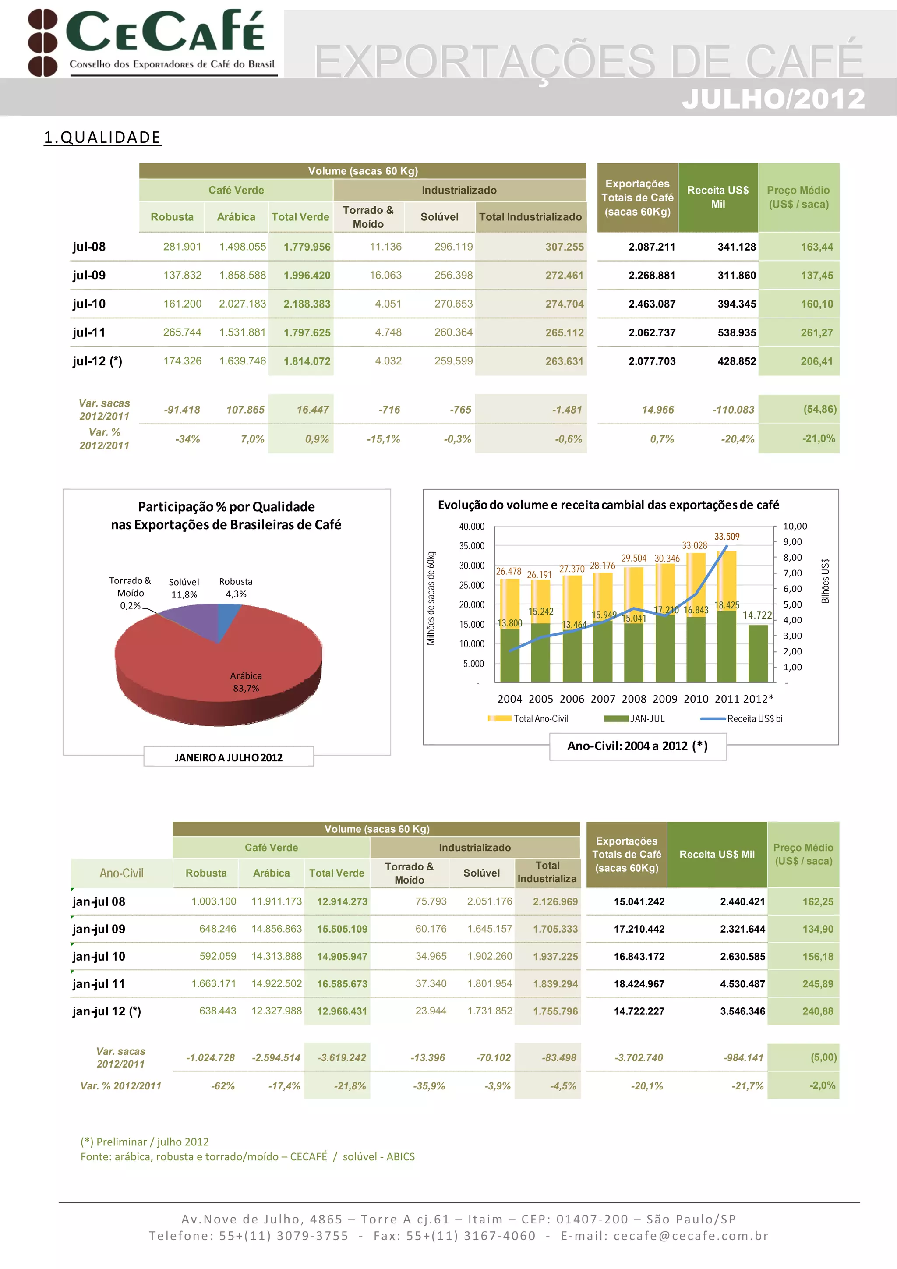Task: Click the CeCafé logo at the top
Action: point(152,42)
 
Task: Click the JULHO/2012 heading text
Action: point(773,99)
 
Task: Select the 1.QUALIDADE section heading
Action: point(102,137)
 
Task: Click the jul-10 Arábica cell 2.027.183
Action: point(242,304)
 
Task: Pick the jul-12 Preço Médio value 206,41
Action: point(816,361)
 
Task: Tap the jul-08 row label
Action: point(89,247)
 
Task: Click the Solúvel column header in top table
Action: point(439,217)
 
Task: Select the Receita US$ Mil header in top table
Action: point(717,197)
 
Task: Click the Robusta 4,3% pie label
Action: point(236,587)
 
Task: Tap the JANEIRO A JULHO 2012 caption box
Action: point(228,757)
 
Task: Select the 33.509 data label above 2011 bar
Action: point(726,537)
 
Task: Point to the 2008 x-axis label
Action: point(634,699)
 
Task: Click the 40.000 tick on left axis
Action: point(471,527)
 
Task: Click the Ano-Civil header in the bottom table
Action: point(122,873)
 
